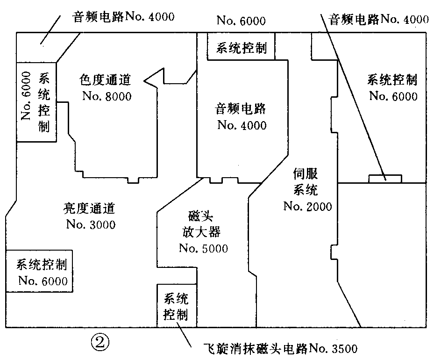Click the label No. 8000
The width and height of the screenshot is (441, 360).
coord(107,96)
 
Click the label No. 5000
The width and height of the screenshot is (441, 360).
coord(203,248)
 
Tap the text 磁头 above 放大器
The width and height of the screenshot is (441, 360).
coord(201,216)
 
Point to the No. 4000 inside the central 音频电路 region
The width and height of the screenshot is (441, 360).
coord(242,125)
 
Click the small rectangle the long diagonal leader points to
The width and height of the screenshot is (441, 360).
coord(385,178)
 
